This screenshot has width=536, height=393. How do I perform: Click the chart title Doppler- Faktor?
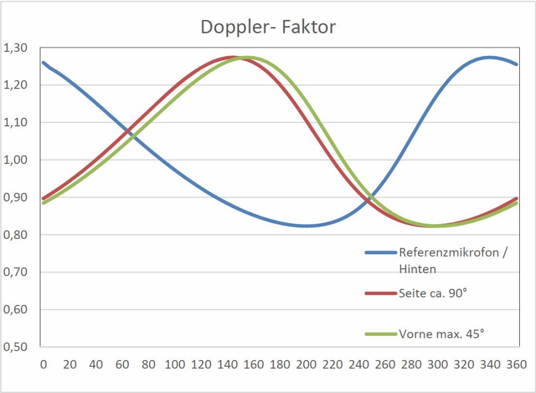268,27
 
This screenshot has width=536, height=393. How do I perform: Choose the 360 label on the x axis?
517,364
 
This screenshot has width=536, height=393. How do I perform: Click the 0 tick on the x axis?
43,364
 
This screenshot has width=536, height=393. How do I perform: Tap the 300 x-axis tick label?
438,364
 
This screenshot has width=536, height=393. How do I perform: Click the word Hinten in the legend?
418,269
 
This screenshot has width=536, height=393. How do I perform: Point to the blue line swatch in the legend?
380,253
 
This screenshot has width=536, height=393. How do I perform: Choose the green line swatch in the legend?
380,334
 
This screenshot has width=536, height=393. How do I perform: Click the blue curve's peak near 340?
490,57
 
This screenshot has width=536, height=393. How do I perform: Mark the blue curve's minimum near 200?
307,226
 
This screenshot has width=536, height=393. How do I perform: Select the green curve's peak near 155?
247,58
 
